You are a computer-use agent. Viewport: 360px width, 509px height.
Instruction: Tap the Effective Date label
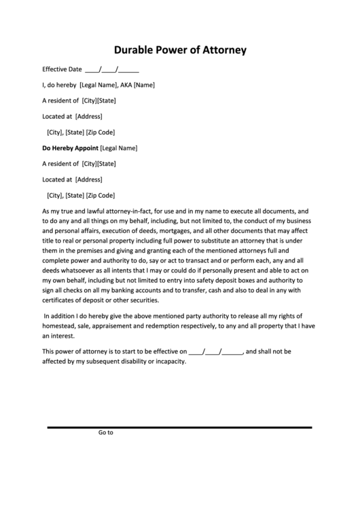coord(62,69)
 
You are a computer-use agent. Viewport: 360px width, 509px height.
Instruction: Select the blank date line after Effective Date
coord(112,69)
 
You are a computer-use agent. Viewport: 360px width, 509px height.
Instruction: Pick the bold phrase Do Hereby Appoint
coord(70,147)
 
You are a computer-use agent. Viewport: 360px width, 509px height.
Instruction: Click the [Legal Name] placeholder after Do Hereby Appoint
coord(119,147)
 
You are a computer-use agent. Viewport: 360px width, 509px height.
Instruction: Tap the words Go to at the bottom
coord(105,432)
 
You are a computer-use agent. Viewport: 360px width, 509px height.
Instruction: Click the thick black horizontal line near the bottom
coord(179,427)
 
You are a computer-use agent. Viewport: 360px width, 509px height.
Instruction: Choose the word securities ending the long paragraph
coord(142,300)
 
